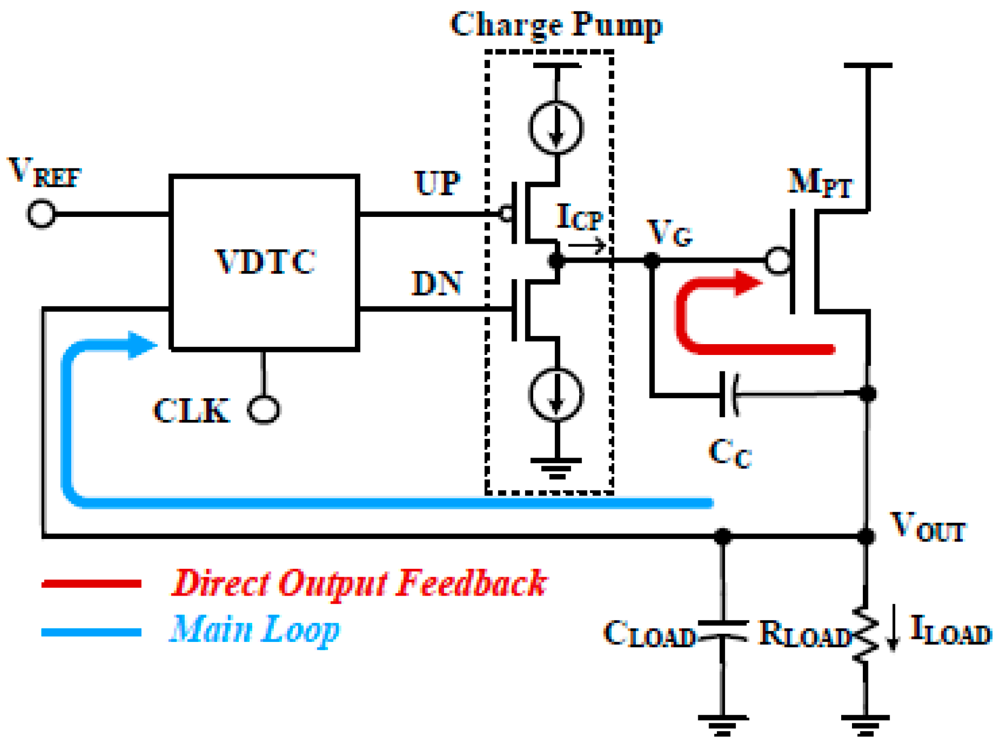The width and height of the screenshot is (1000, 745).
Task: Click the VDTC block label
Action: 265,262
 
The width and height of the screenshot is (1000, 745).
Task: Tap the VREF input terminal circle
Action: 41,213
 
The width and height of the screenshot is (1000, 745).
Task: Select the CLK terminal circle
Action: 264,410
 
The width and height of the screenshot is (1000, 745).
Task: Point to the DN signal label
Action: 436,283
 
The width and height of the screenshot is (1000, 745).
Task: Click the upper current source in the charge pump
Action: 556,127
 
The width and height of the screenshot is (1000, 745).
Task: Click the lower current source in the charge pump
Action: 556,395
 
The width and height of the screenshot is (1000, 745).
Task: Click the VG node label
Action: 670,233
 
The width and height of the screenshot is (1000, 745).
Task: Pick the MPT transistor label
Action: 820,183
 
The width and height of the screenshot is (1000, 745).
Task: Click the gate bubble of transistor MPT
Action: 778,261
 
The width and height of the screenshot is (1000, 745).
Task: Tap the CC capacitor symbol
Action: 729,395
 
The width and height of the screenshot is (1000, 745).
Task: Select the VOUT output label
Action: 927,527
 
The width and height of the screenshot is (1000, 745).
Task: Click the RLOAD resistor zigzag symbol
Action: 866,634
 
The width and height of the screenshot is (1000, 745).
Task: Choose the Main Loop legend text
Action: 255,630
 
